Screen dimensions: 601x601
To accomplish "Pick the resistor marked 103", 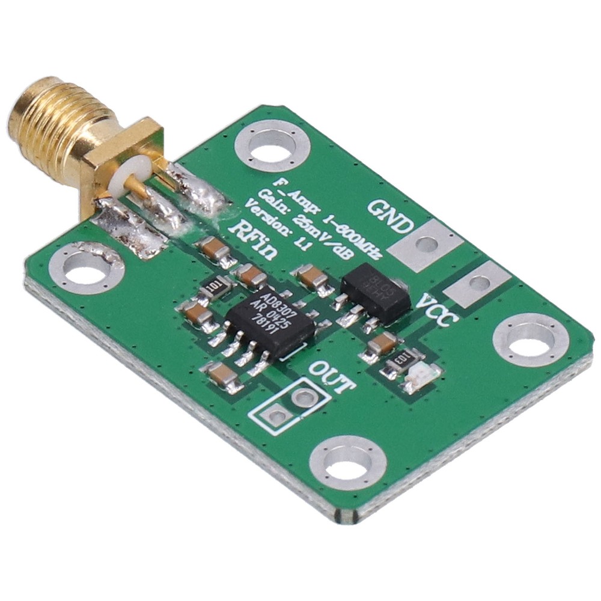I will (399, 362).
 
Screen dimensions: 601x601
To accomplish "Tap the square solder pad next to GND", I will (426, 243).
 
